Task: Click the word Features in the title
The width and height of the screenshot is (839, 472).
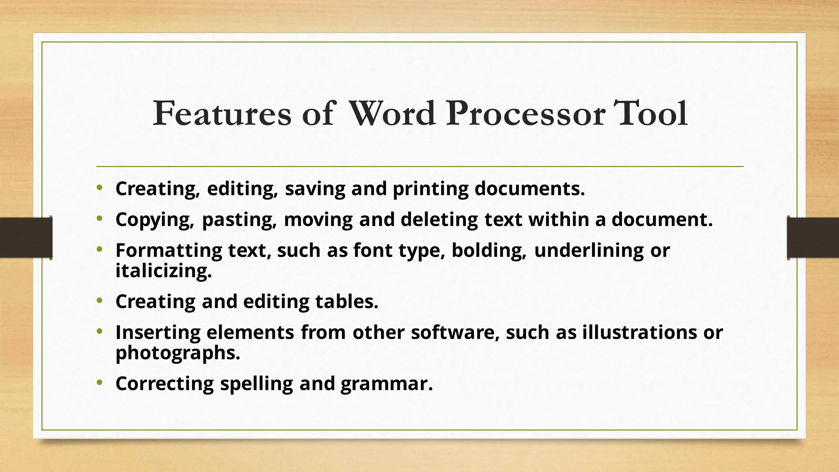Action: (x=222, y=113)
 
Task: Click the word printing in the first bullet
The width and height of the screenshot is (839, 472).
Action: (x=431, y=189)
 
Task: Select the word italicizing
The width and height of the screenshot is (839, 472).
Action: (x=163, y=271)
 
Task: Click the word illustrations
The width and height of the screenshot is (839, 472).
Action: (x=639, y=332)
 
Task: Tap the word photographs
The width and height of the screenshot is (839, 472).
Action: (x=177, y=353)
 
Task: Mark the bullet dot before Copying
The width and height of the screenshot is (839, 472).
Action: (x=99, y=219)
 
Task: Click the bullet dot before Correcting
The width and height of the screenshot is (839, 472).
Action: (x=99, y=383)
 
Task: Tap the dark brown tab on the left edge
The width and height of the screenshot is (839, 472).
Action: (x=26, y=238)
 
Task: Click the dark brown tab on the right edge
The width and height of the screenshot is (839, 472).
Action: (x=813, y=238)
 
